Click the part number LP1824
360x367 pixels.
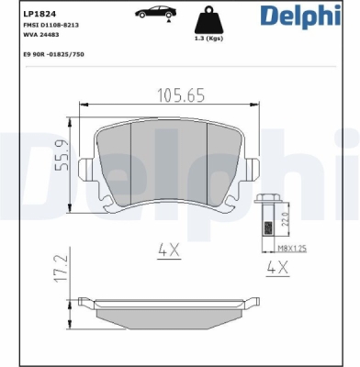point(36,14)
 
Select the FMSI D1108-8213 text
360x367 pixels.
point(51,25)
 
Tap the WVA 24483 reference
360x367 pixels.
point(41,35)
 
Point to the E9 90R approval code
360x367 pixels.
point(53,54)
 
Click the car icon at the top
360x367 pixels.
point(156,13)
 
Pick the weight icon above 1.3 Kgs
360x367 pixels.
point(209,20)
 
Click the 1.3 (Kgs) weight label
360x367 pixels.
point(209,39)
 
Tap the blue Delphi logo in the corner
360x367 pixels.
point(300,16)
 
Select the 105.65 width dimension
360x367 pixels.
point(181,95)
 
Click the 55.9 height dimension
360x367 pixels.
point(61,155)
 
